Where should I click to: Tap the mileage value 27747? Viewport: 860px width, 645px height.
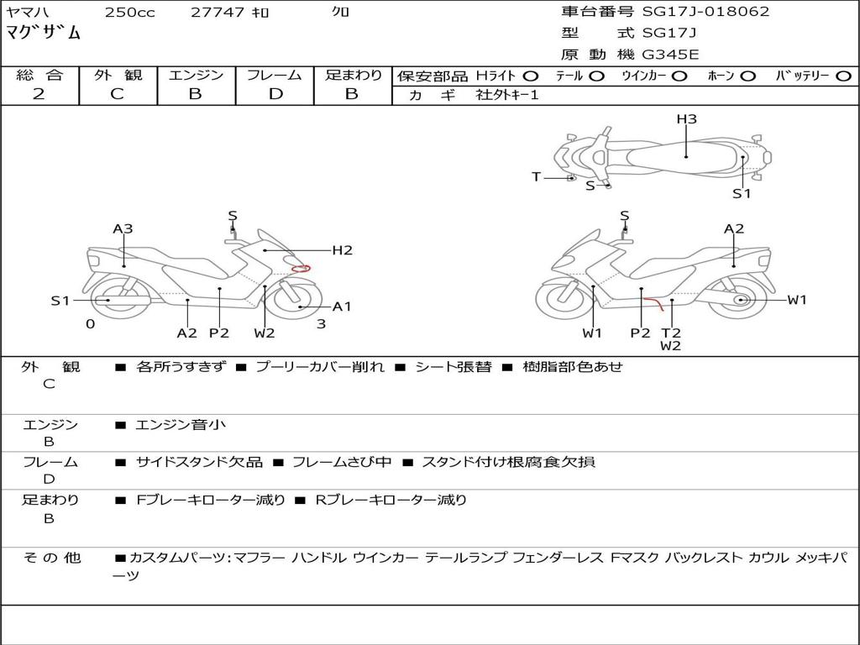(x=217, y=13)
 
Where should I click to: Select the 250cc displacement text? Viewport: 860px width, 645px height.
(x=129, y=13)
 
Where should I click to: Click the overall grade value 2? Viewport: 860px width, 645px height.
(x=39, y=94)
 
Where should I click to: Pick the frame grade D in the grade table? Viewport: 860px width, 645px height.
(x=275, y=94)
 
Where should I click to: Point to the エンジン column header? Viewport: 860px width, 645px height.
(x=196, y=76)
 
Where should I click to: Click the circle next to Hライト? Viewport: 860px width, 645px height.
(x=531, y=76)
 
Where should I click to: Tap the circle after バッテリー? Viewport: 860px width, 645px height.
(x=843, y=76)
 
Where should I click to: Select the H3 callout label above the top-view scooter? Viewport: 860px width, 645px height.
(x=687, y=119)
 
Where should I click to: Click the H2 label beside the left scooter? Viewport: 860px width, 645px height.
(x=342, y=249)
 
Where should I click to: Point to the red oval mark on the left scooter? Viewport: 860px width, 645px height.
(x=301, y=269)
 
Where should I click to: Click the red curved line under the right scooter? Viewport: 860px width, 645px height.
(x=653, y=302)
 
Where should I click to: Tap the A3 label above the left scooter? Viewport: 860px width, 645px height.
(x=123, y=228)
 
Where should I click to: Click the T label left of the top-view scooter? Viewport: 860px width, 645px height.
(x=536, y=176)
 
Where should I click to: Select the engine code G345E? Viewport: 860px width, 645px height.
(x=670, y=55)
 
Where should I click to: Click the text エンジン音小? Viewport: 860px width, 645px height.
(x=181, y=425)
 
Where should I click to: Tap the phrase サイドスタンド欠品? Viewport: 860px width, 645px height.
(x=199, y=462)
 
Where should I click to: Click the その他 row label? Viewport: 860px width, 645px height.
(x=51, y=558)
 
